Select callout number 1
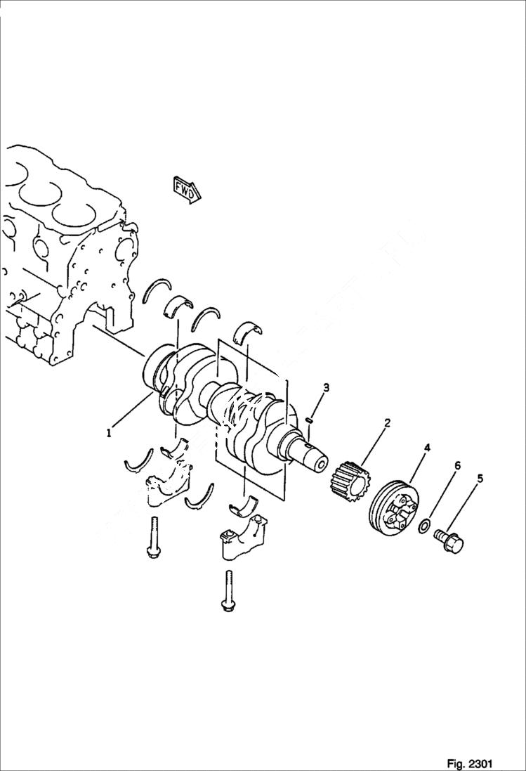coord(109,434)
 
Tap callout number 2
coord(387,423)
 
